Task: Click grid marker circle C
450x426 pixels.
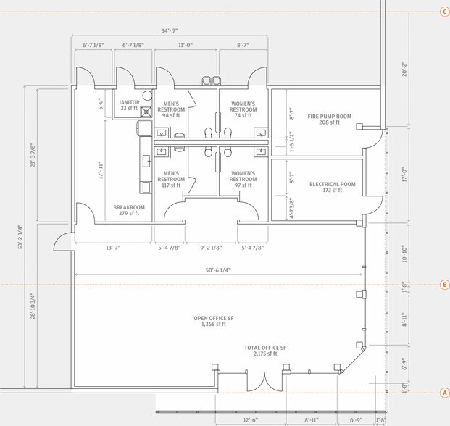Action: click(x=445, y=12)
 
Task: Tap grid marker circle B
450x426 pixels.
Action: click(x=445, y=285)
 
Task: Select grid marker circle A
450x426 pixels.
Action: click(x=445, y=393)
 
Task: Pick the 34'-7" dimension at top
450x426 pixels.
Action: click(x=170, y=30)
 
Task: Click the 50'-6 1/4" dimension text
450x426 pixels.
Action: click(x=218, y=270)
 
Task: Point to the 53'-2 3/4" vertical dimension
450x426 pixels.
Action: click(x=20, y=237)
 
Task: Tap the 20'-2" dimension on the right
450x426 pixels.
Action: click(x=404, y=69)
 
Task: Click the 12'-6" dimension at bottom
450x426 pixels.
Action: click(x=251, y=420)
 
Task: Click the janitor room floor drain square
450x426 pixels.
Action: click(x=146, y=112)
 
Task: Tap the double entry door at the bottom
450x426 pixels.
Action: click(x=264, y=383)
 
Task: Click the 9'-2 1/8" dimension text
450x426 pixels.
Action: click(x=211, y=248)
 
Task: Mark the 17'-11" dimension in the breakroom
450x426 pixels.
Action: click(x=101, y=170)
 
